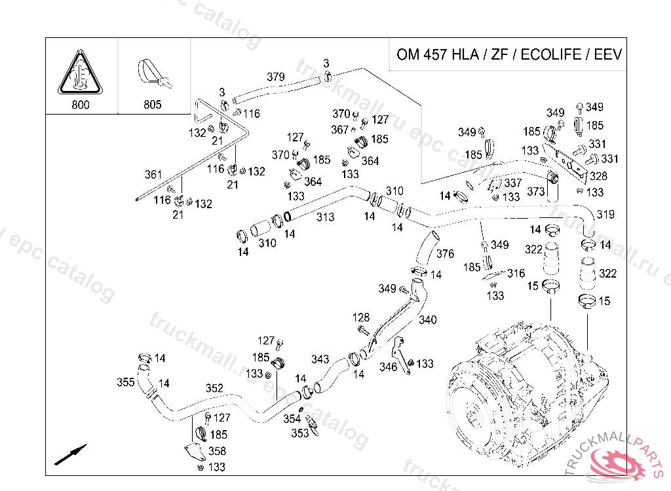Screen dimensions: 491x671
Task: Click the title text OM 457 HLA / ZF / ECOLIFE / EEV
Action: (508, 54)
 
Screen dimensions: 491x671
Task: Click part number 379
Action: (276, 77)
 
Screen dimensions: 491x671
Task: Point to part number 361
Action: (153, 175)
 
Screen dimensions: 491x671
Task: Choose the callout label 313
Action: (325, 217)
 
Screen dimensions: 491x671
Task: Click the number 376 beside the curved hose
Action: (445, 254)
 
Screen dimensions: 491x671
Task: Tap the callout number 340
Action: (427, 320)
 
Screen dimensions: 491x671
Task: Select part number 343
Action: (320, 359)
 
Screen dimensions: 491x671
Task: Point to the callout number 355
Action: (126, 382)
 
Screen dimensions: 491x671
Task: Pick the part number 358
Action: (217, 451)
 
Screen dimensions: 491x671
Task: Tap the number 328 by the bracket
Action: (598, 176)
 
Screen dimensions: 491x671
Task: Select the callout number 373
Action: (536, 191)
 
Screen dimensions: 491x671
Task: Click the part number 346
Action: (389, 367)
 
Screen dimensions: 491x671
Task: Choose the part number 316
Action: (516, 274)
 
